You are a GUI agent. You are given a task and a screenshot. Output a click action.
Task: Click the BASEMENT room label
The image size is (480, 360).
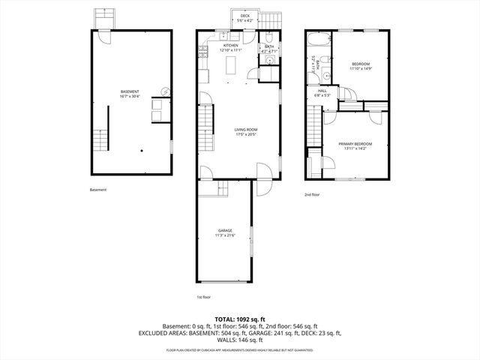coord(130,91)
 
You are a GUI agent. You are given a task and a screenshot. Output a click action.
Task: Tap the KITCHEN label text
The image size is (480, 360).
coord(230,46)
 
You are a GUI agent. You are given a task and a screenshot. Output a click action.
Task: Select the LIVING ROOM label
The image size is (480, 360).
coord(245,130)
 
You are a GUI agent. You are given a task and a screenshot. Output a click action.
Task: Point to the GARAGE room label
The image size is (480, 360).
coord(225,230)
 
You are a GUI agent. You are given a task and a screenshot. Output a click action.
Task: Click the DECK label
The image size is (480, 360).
coord(244,16)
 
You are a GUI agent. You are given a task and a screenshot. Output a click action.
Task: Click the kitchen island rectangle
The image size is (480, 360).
coord(230,66)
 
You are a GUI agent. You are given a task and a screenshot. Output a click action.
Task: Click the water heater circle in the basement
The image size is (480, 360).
coord(166,91)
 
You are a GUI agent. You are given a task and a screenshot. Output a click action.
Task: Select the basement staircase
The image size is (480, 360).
coord(100,139)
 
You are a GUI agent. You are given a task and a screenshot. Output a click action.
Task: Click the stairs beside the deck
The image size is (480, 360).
coord(273,19)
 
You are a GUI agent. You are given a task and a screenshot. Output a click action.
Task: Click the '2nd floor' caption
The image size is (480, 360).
coord(312,195)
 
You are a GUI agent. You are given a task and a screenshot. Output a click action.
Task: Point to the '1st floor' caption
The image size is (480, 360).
coord(204,298)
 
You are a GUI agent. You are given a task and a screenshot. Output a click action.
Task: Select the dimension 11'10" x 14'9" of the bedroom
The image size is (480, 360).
coord(361,70)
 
